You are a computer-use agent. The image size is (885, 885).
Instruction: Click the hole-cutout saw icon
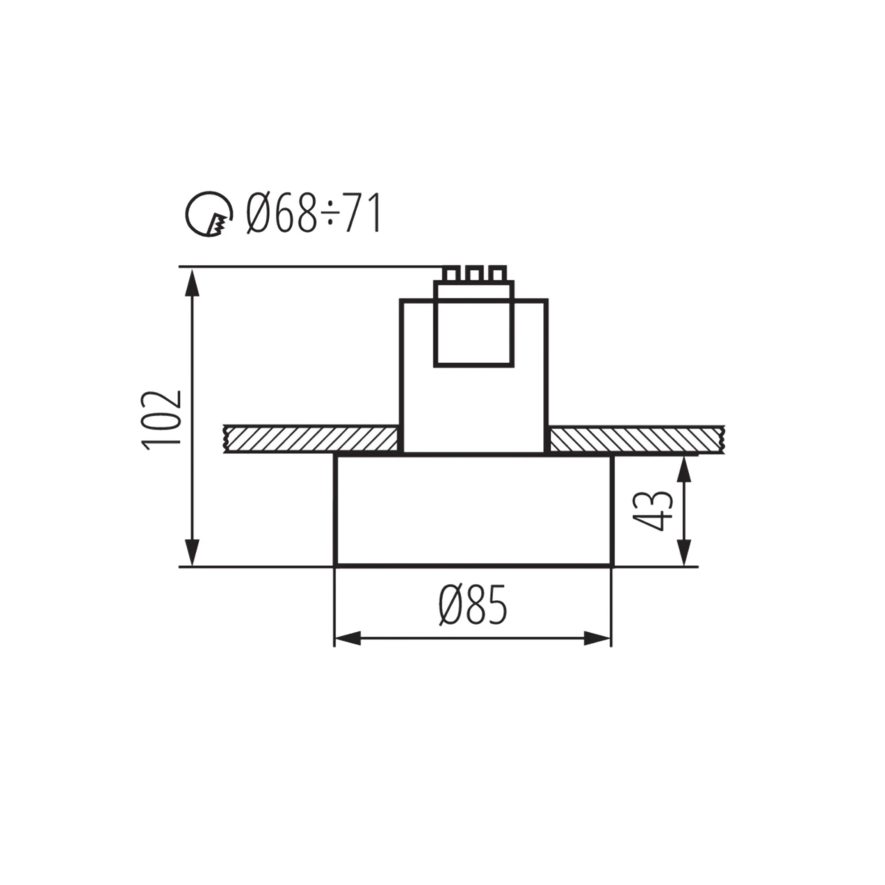click(207, 214)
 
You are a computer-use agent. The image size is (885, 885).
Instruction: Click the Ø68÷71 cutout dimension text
click(313, 214)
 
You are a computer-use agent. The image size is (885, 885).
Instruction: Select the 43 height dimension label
click(651, 510)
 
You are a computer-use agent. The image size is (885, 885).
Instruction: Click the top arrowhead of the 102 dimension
click(191, 282)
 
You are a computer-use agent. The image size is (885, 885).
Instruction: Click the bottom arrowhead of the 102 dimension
click(191, 552)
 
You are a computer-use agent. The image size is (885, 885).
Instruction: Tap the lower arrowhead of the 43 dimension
click(683, 553)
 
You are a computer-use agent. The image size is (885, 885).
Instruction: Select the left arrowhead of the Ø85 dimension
click(348, 638)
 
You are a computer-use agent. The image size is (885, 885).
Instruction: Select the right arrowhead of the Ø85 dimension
click(597, 638)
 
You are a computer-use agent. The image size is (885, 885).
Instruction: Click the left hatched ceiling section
click(310, 439)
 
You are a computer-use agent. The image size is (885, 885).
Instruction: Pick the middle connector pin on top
click(474, 274)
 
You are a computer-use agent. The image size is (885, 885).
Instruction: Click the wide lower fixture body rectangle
click(474, 510)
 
